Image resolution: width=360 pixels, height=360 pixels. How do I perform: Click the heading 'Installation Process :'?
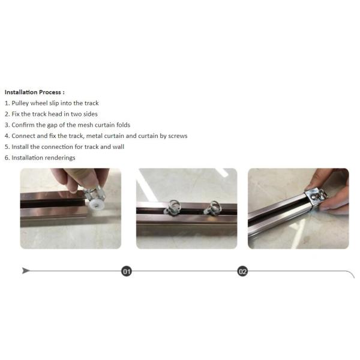[34, 92]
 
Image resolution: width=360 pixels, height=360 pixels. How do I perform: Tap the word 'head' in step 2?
[55, 114]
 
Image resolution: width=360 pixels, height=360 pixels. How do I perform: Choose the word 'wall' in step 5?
[118, 147]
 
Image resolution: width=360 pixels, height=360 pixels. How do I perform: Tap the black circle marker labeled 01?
[127, 271]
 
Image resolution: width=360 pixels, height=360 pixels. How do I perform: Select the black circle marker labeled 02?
[242, 271]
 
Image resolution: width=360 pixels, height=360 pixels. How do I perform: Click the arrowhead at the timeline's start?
[26, 271]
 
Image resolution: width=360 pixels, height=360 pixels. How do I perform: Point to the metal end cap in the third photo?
[316, 197]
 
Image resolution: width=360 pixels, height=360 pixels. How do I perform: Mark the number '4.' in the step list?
[7, 136]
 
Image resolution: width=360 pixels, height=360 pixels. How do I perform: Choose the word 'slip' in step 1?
[54, 103]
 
